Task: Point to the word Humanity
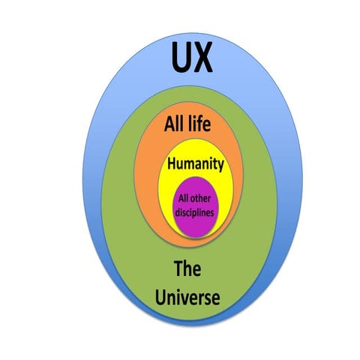(x=195, y=164)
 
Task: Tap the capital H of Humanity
(x=172, y=163)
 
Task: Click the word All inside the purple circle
(x=184, y=198)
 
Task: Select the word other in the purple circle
(x=204, y=198)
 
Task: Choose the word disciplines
(x=195, y=212)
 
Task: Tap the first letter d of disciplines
(x=177, y=212)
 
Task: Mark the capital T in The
(x=178, y=268)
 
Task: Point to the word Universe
(x=187, y=298)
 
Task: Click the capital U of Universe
(x=160, y=298)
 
